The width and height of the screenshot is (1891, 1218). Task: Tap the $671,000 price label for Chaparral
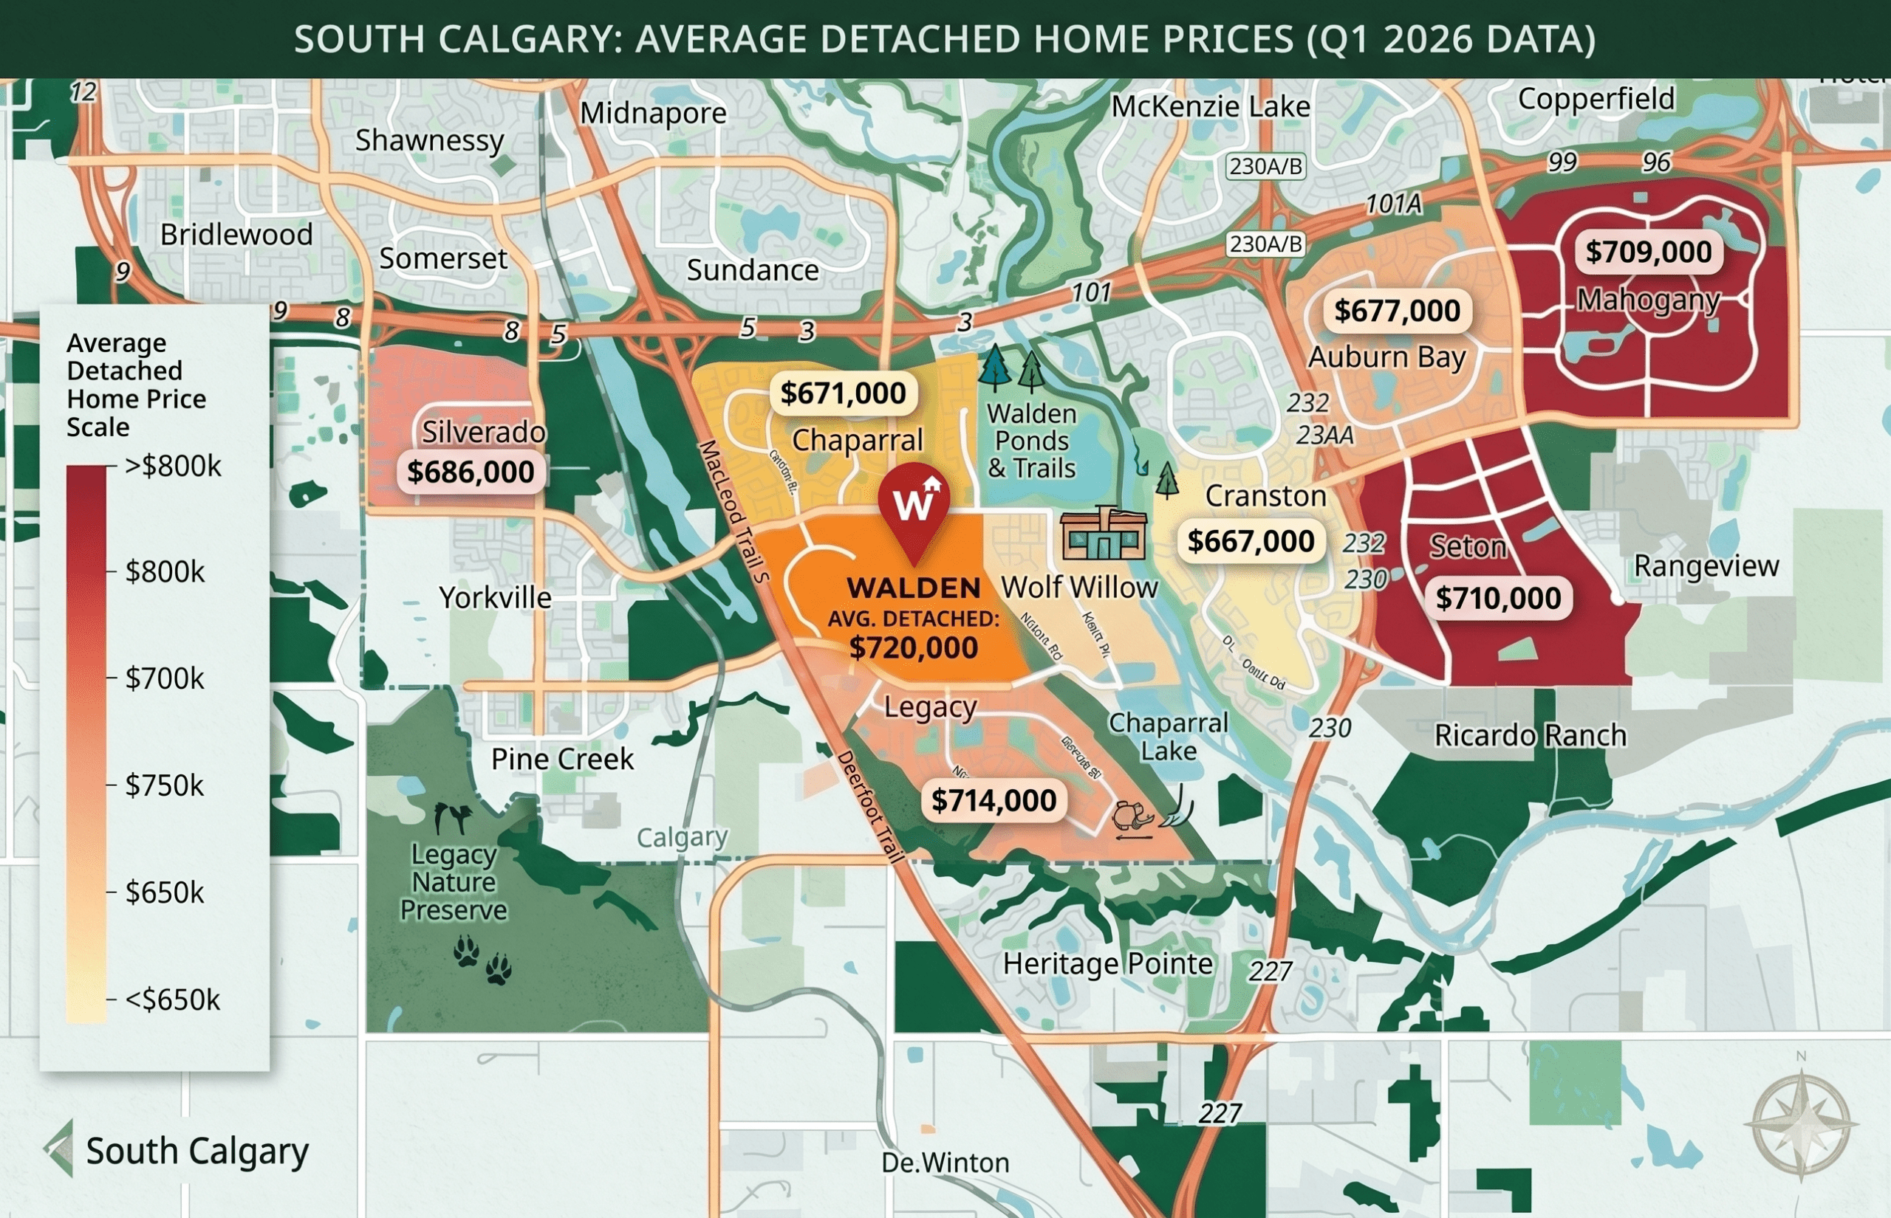point(843,393)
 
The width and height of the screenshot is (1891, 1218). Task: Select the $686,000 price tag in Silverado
point(470,472)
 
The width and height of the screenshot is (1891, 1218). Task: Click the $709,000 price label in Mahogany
point(1648,252)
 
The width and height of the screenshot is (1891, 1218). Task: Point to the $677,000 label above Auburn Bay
point(1397,311)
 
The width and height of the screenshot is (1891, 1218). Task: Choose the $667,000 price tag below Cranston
point(1250,541)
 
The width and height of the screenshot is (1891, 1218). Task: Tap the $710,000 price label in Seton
point(1498,598)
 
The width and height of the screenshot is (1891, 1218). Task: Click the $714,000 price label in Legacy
point(993,800)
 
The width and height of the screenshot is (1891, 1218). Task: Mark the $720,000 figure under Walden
point(913,648)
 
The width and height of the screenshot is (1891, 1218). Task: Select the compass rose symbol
point(1801,1124)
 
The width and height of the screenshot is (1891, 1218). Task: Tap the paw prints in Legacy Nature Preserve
point(482,960)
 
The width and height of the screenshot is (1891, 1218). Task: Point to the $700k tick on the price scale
point(164,678)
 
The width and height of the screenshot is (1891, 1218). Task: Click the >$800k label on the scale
point(173,466)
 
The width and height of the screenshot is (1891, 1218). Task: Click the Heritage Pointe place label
point(1107,963)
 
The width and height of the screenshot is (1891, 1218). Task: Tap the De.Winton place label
point(945,1163)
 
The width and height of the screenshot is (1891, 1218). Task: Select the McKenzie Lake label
point(1210,107)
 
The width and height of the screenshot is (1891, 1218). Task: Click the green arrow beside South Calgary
point(60,1149)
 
